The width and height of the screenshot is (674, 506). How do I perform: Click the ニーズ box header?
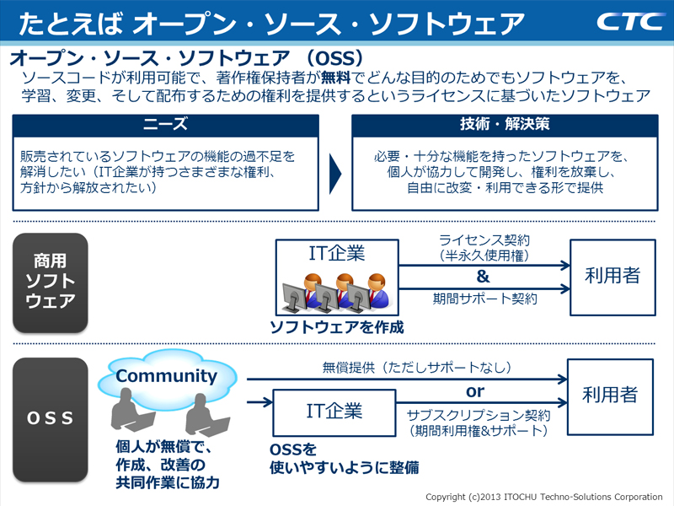pyautogui.click(x=165, y=125)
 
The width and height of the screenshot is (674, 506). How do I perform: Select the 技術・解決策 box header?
pyautogui.click(x=505, y=125)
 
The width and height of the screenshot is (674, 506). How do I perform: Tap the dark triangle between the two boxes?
pyautogui.click(x=334, y=173)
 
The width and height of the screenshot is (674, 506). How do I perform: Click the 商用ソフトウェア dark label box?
pyautogui.click(x=50, y=282)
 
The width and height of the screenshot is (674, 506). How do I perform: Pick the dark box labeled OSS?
pyautogui.click(x=50, y=418)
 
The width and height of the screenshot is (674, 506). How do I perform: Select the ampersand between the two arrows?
pyautogui.click(x=483, y=276)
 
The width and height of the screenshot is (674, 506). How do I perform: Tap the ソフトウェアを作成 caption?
pyautogui.click(x=336, y=326)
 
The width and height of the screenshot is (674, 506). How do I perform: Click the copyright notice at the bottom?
pyautogui.click(x=543, y=496)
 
